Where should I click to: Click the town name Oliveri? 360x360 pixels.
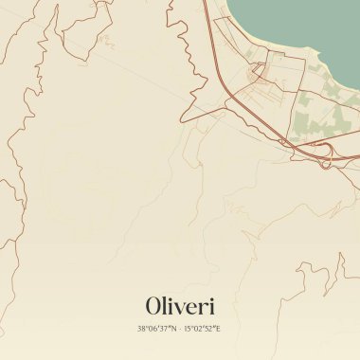coord(180,306)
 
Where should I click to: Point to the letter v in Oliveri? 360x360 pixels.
coord(178,308)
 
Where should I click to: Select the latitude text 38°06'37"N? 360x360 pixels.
coord(156,329)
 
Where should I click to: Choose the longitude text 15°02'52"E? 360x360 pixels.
coord(203,329)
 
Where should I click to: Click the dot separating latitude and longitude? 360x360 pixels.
coord(180,329)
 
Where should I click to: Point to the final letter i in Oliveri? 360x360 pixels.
coord(212,306)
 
